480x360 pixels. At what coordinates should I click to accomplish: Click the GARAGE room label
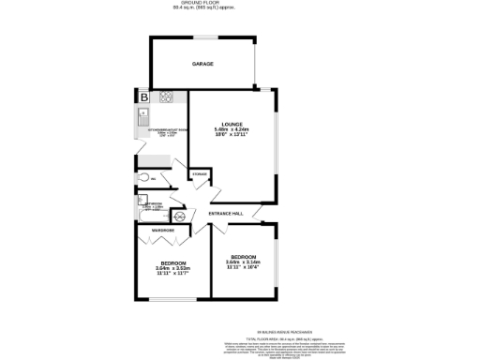[202, 64]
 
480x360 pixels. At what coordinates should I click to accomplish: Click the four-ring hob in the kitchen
[166, 96]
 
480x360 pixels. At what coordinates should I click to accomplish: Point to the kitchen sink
[141, 119]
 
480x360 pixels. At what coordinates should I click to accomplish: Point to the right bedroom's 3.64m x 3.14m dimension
[242, 262]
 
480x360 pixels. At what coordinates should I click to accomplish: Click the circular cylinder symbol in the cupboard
[181, 217]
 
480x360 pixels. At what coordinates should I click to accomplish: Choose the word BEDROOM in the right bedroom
[242, 256]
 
